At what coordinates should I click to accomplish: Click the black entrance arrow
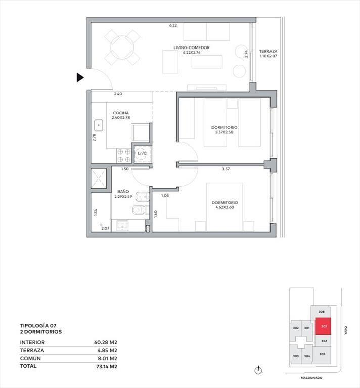[x=80, y=78]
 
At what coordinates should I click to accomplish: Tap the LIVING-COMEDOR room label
[x=192, y=47]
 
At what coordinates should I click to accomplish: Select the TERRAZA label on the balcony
[x=268, y=51]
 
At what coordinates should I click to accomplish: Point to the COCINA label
[x=121, y=113]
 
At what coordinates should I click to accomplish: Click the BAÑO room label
[x=123, y=191]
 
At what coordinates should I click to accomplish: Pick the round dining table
[x=122, y=47]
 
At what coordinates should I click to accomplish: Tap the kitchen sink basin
[x=99, y=125]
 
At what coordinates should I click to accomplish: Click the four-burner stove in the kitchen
[x=124, y=156]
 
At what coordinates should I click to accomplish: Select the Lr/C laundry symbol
[x=142, y=153]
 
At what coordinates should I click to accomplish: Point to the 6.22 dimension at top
[x=173, y=25]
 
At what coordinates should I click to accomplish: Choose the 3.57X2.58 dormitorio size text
[x=224, y=132]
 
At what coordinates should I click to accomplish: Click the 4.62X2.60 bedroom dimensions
[x=224, y=207]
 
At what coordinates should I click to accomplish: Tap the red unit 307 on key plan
[x=323, y=326]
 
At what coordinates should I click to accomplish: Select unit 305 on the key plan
[x=322, y=354]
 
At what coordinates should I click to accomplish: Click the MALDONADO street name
[x=311, y=378]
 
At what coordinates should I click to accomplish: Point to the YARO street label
[x=346, y=330]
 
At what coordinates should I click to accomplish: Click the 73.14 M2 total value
[x=107, y=366]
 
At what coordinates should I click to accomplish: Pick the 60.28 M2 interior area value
[x=106, y=342]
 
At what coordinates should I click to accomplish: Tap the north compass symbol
[x=258, y=370]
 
